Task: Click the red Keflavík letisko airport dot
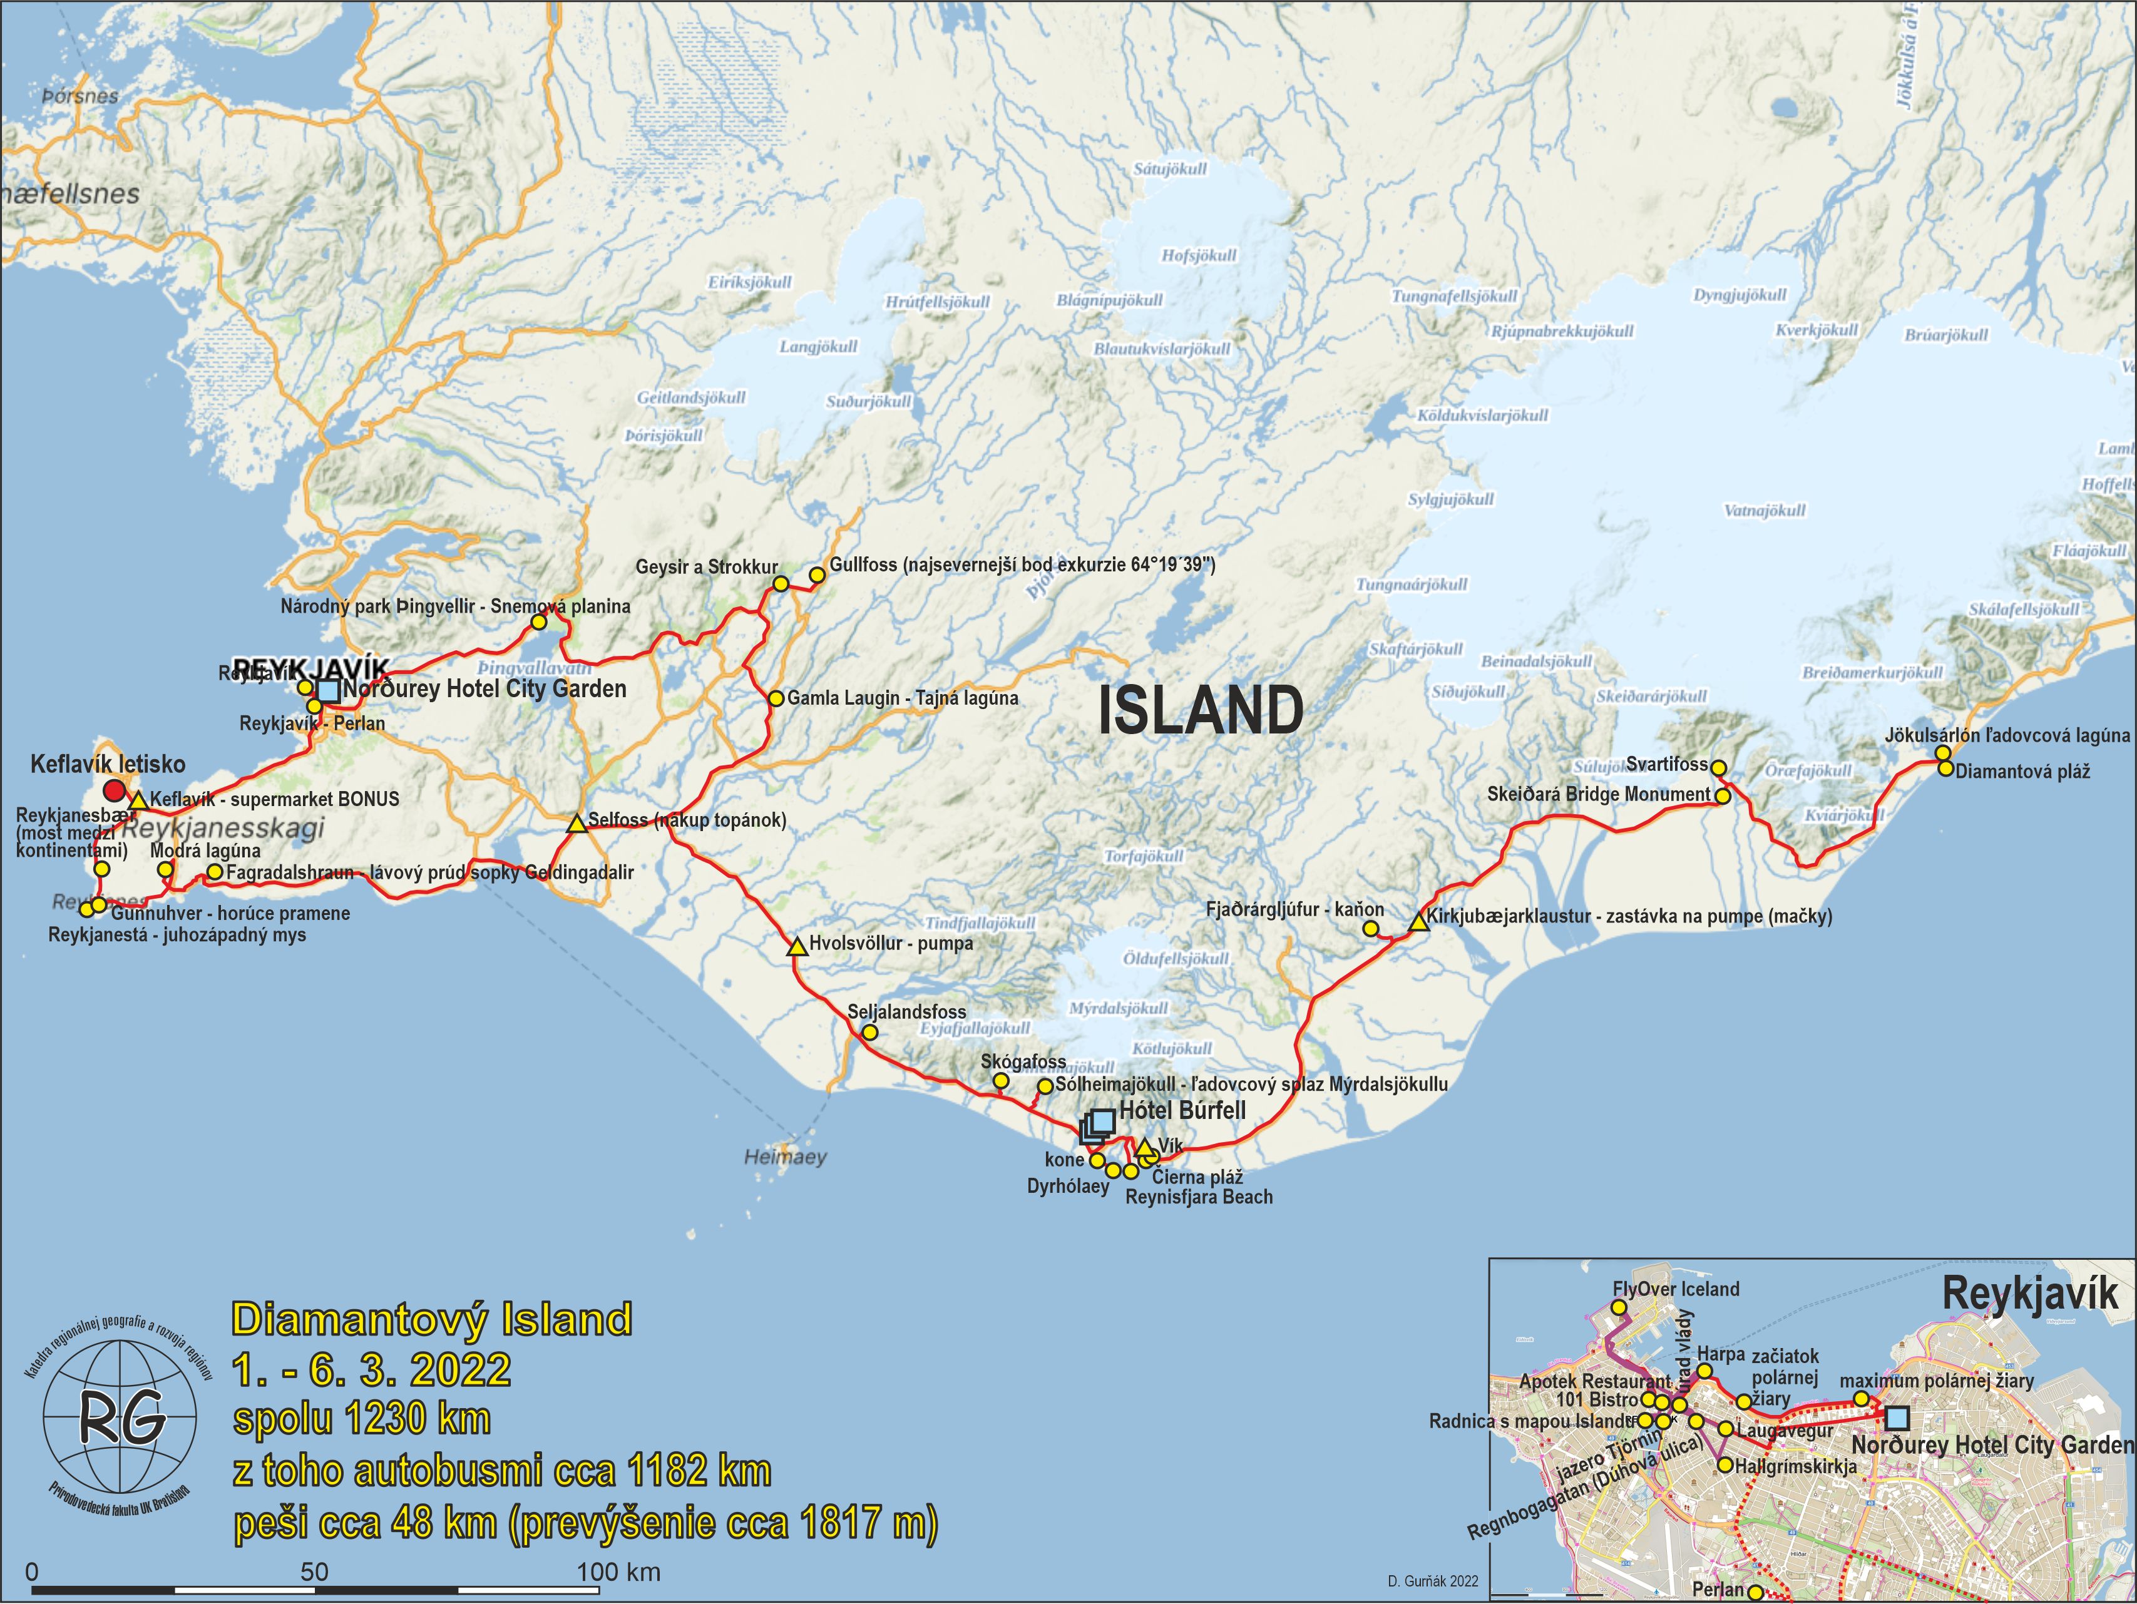click(x=114, y=792)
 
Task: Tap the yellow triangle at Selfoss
click(x=577, y=824)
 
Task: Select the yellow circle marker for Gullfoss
click(x=816, y=575)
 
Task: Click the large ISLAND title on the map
click(x=1201, y=711)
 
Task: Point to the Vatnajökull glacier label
click(x=1764, y=510)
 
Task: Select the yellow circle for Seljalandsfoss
click(x=869, y=1033)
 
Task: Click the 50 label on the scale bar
click(x=314, y=1571)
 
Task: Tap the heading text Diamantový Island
click(x=432, y=1319)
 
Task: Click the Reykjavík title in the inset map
click(x=2030, y=1295)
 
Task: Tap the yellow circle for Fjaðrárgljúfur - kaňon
click(x=1370, y=929)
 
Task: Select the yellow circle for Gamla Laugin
click(x=776, y=698)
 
